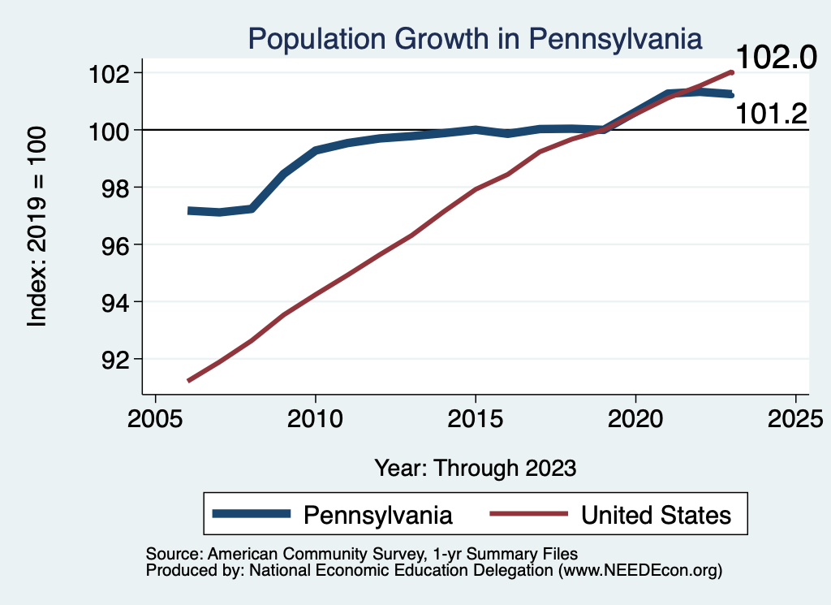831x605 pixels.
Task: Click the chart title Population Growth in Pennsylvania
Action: [475, 38]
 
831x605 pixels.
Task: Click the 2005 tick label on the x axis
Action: [155, 421]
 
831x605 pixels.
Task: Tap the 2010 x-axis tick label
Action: [315, 421]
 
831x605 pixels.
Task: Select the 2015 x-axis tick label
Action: [475, 421]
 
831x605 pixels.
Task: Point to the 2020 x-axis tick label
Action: [635, 421]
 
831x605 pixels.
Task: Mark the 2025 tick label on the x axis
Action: [794, 421]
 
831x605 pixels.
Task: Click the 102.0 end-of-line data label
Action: [774, 58]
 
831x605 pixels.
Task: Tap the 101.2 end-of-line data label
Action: [771, 115]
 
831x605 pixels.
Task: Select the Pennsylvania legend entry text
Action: [377, 514]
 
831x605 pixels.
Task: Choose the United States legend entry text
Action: [657, 514]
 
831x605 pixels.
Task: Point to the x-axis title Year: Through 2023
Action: [476, 468]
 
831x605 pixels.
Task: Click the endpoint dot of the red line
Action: [731, 72]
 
